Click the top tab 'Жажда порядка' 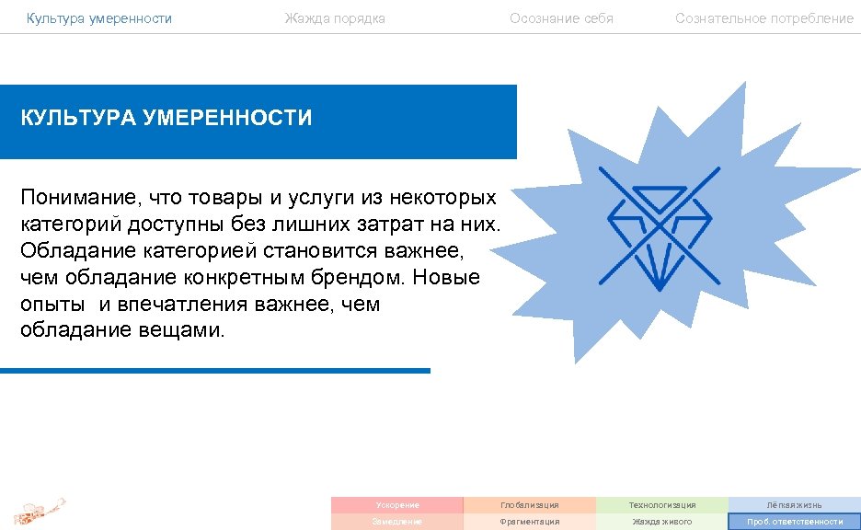[335, 18]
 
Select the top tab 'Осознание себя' [561, 18]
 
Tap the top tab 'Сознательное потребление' [763, 18]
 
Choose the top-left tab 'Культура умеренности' [98, 18]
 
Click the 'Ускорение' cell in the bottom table [397, 505]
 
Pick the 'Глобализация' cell [529, 505]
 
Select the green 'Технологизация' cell [661, 505]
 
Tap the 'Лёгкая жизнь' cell [794, 505]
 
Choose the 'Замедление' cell [397, 522]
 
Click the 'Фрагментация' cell [529, 522]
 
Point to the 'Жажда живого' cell [661, 522]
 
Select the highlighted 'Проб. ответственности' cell [794, 522]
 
